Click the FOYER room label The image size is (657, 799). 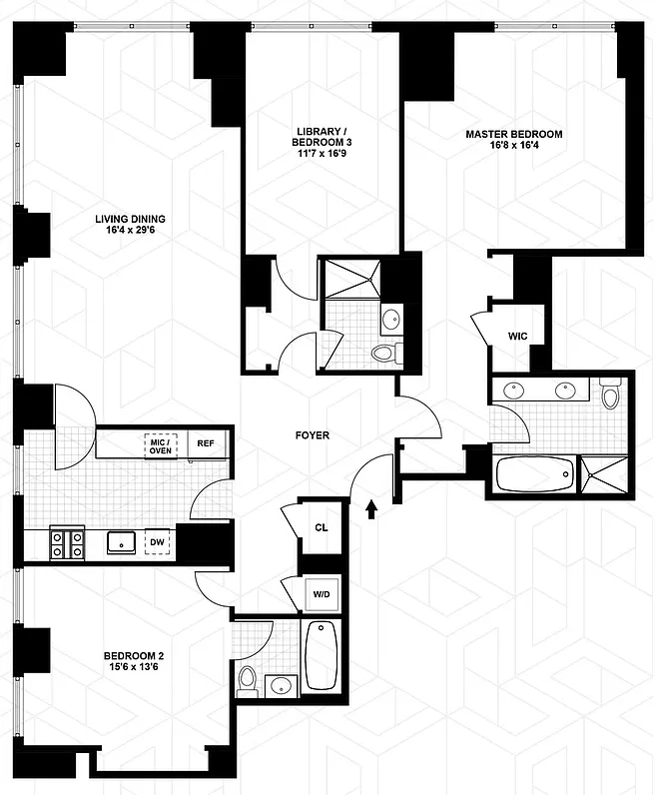point(312,435)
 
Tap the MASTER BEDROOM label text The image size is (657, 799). point(513,134)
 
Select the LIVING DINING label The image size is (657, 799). point(130,220)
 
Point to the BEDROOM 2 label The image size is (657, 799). point(132,656)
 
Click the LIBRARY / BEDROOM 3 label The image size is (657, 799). point(322,136)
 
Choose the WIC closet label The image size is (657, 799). point(517,336)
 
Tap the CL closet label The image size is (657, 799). point(321,526)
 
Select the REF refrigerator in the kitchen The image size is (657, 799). point(206,443)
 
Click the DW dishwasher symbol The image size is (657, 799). point(157,542)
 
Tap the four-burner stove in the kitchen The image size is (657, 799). point(66,543)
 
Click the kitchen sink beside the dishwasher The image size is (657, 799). point(122,542)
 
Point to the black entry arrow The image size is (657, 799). point(372,510)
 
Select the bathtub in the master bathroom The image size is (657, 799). point(535,472)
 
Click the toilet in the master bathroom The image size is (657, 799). point(611,394)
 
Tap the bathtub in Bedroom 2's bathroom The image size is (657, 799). point(321,655)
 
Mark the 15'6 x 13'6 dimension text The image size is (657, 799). point(132,669)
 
